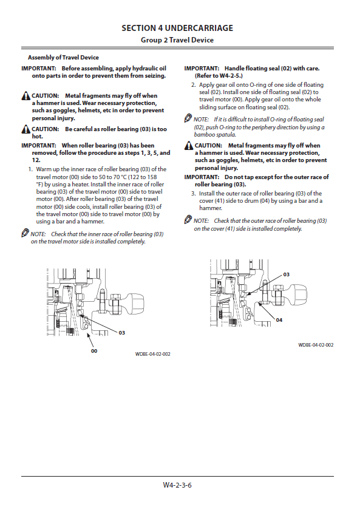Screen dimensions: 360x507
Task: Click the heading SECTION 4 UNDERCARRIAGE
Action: pos(177,28)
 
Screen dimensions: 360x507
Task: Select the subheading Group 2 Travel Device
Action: pos(177,40)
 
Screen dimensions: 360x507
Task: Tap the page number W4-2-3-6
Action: pos(177,485)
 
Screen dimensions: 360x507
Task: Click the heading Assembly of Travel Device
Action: pos(63,58)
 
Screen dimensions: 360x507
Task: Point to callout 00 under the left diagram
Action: pos(94,351)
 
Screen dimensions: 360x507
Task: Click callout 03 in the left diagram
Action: pos(122,332)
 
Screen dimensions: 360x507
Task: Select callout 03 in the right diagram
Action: pos(287,274)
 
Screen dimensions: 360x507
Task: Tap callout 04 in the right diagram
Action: pos(279,320)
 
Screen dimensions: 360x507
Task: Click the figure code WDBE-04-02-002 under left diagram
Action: pos(152,354)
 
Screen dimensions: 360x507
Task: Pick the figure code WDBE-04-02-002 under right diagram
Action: pos(316,345)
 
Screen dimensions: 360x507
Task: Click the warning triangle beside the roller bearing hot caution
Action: pos(26,129)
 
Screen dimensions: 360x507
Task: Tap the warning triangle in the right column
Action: pos(189,146)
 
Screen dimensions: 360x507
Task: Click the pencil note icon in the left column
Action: pos(25,233)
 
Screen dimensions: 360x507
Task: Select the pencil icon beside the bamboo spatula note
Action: pos(188,118)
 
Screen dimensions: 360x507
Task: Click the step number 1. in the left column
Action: pos(31,169)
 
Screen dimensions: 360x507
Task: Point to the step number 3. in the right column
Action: pos(193,193)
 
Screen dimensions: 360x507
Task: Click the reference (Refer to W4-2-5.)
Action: pos(219,76)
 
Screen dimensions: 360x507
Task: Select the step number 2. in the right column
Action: pos(193,85)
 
